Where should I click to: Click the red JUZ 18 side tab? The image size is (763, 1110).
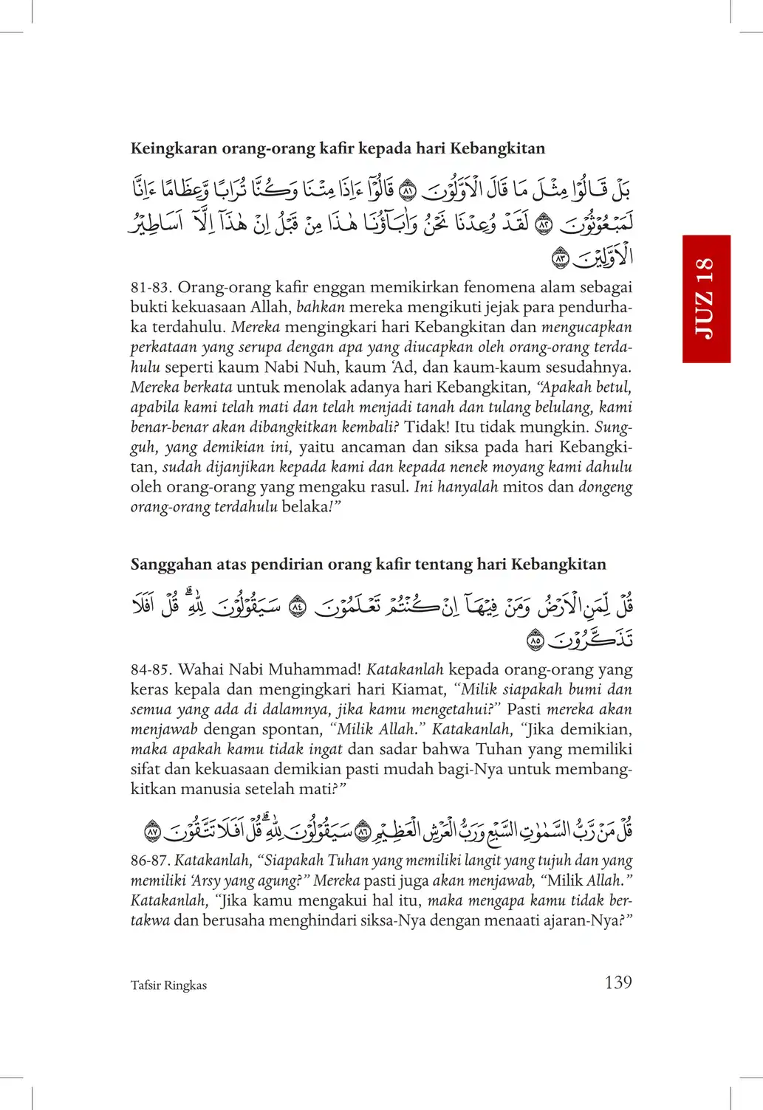[706, 299]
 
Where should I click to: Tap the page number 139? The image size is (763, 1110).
[617, 982]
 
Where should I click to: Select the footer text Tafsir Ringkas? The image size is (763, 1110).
[168, 985]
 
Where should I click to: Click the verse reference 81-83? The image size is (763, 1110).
[151, 287]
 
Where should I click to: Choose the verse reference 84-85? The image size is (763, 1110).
[151, 670]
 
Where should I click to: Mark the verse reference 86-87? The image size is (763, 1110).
[150, 861]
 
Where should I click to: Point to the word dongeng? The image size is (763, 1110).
[605, 487]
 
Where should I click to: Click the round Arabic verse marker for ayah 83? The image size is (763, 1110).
[561, 258]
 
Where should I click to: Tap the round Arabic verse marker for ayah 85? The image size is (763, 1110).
[535, 641]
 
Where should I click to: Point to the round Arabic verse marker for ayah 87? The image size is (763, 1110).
[152, 832]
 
